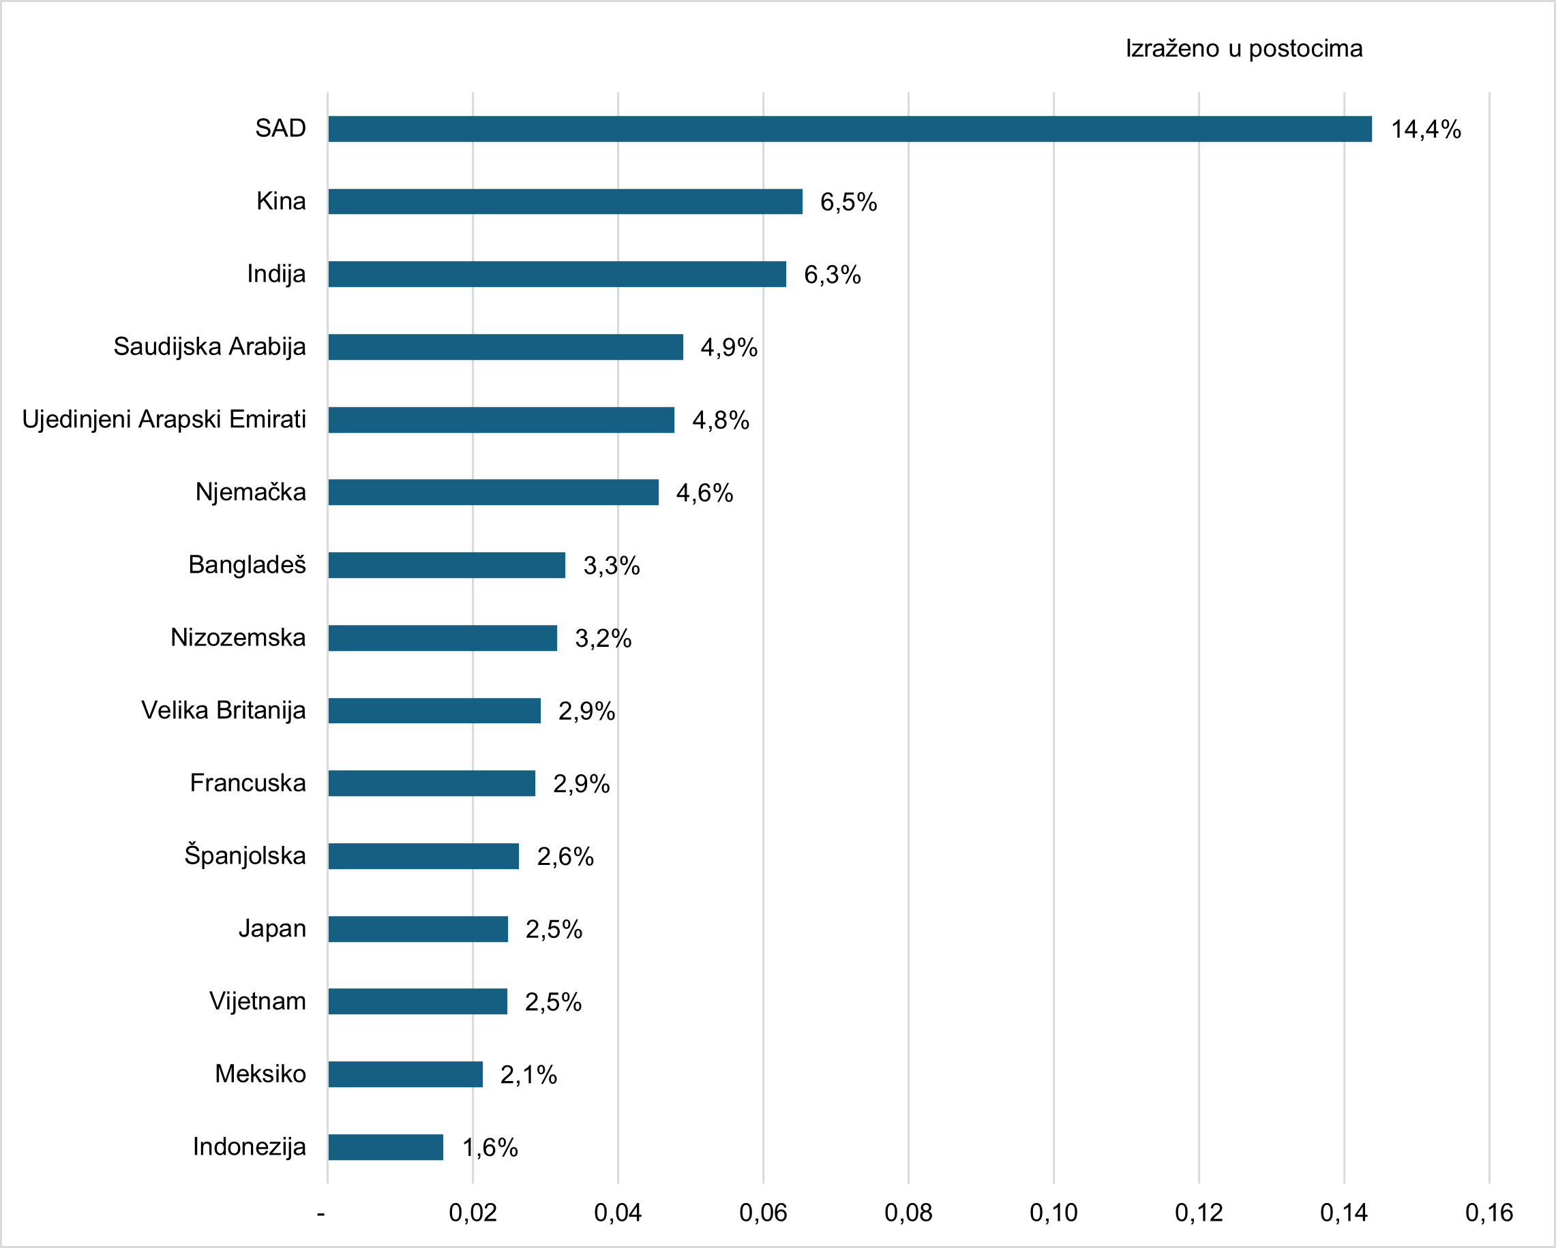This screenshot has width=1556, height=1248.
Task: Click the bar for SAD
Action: pos(850,129)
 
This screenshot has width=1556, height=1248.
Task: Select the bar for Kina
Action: pos(565,201)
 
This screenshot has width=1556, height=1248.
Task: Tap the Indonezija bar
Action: pos(385,1147)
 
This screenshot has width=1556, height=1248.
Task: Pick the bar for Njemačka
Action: pos(493,492)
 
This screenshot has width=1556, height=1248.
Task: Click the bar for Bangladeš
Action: pos(446,565)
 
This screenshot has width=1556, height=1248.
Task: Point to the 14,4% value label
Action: pos(1425,130)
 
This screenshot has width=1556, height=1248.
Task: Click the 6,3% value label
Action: pos(832,275)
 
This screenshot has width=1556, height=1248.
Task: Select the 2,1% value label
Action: pos(528,1075)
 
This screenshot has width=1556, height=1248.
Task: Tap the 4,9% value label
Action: pos(729,348)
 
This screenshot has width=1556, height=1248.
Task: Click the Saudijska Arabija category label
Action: pos(209,347)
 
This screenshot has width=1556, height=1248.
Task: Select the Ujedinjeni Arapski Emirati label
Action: pos(164,419)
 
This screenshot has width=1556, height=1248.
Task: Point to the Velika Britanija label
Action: pos(223,711)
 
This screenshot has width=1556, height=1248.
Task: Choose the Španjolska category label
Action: pos(245,855)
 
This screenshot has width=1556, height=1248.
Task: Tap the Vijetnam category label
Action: pos(258,1001)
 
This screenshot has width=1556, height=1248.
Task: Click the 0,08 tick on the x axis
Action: pos(908,1213)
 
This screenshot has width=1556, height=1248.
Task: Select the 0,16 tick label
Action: pos(1489,1213)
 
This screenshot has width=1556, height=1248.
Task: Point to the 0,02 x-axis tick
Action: pos(473,1213)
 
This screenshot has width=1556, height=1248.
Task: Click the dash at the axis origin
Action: pos(321,1213)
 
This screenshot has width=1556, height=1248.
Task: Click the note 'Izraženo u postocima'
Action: pos(1244,49)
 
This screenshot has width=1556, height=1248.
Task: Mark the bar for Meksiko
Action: pos(405,1074)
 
